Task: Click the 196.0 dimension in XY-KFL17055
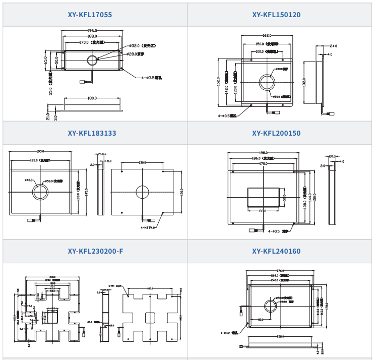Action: point(92,31)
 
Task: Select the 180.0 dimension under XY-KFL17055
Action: point(92,98)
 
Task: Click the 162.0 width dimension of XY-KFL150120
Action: point(267,36)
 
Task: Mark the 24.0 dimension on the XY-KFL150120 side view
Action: point(333,46)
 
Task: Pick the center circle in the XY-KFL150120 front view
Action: point(267,82)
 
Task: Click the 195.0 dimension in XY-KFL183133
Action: point(40,151)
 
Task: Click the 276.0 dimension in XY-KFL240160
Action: point(281,271)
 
